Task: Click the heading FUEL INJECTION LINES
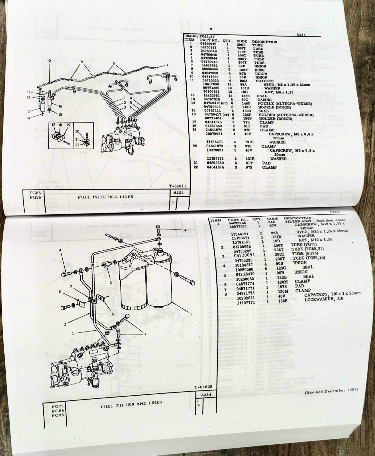pyautogui.click(x=106, y=197)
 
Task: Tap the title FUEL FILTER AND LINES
pyautogui.click(x=131, y=402)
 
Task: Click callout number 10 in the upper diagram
pyautogui.click(x=49, y=60)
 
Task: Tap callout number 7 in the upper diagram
pyautogui.click(x=167, y=66)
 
